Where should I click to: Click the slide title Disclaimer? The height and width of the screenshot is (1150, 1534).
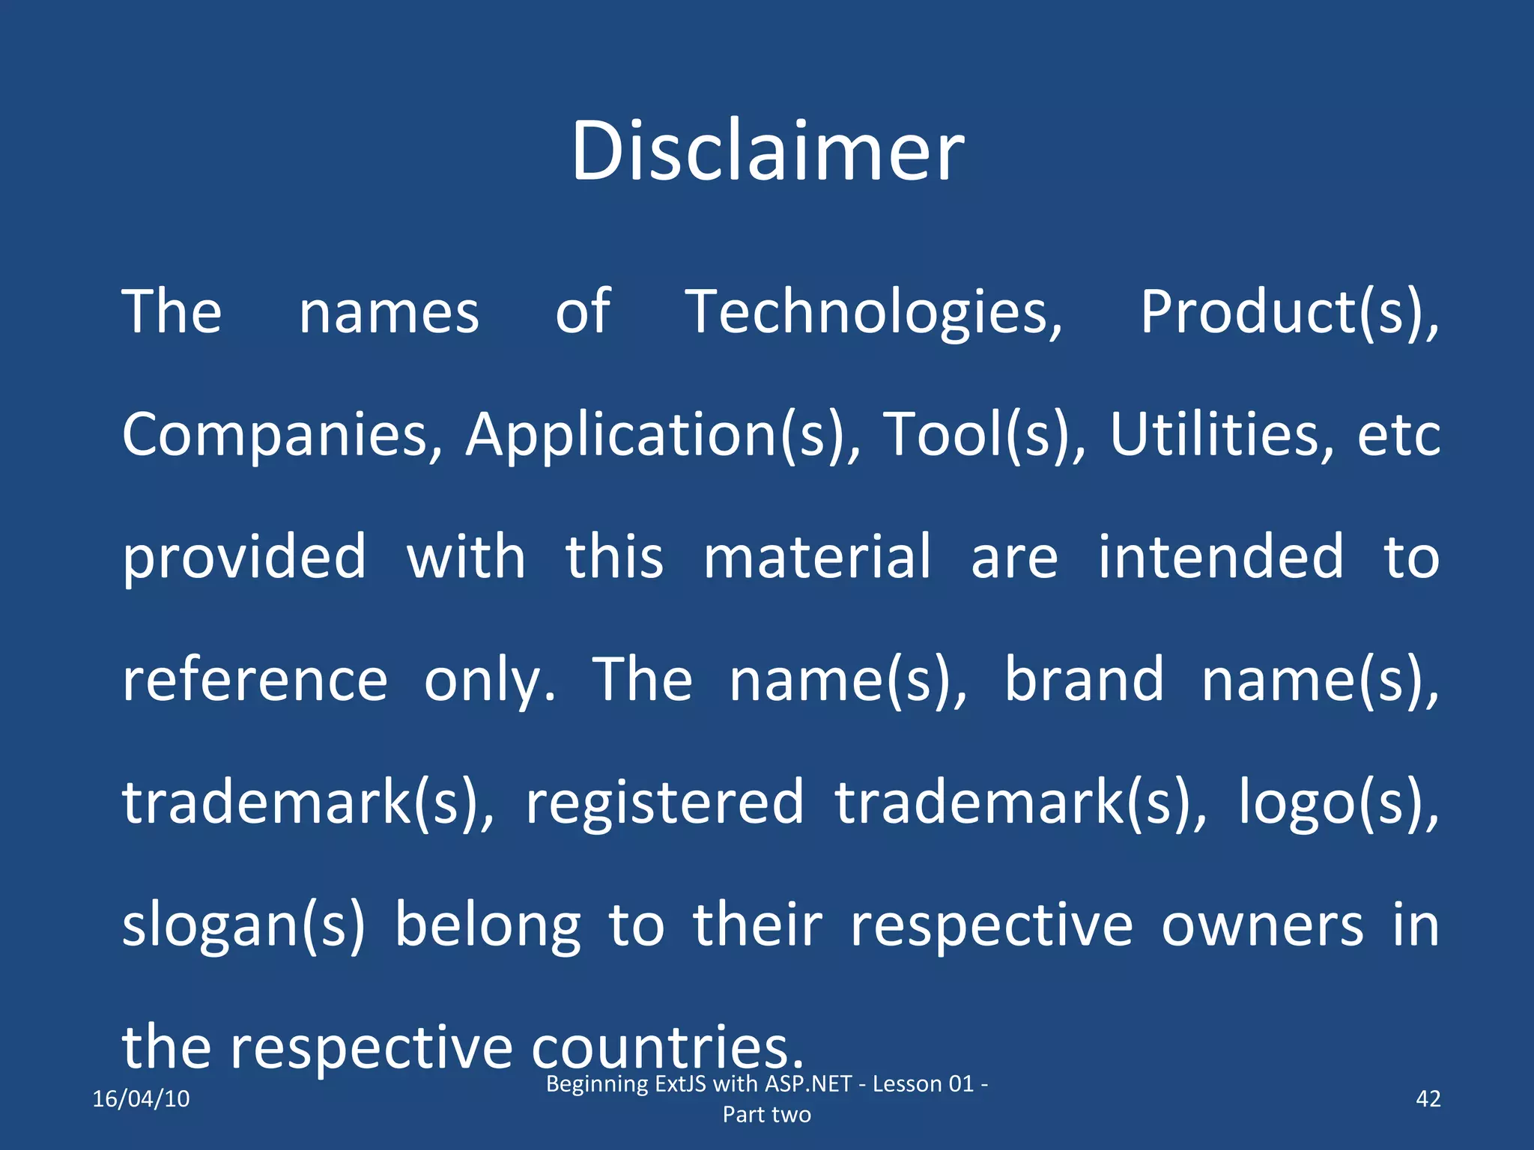tap(767, 151)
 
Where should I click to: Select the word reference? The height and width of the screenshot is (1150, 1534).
tap(255, 680)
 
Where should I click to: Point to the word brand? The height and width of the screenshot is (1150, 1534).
tap(1084, 680)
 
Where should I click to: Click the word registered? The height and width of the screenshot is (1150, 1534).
tap(664, 803)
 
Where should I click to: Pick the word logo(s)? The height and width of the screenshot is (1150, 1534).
tap(1338, 803)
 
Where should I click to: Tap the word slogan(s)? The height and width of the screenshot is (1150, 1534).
tap(243, 925)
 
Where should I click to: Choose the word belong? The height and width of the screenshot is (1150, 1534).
tap(488, 925)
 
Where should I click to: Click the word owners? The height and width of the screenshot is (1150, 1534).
tap(1263, 925)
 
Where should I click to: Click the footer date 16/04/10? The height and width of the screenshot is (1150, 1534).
tap(141, 1098)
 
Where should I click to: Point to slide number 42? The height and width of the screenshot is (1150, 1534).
tap(1428, 1098)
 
